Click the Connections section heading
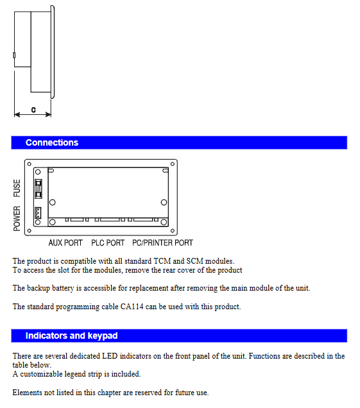click(x=52, y=142)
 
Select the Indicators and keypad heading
click(x=72, y=336)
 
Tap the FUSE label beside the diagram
click(x=17, y=188)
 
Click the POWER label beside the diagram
click(x=17, y=219)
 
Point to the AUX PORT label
click(x=65, y=242)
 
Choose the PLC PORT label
click(x=108, y=242)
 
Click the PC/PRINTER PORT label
click(x=163, y=242)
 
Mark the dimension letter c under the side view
click(x=33, y=110)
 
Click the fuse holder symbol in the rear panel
click(x=39, y=189)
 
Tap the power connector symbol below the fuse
click(x=38, y=213)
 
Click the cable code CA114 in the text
click(x=132, y=307)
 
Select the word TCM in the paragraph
click(x=162, y=261)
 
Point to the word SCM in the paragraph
click(x=194, y=261)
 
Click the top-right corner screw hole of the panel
click(x=173, y=164)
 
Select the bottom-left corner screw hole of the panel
click(x=29, y=230)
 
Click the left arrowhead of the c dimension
click(x=17, y=114)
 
